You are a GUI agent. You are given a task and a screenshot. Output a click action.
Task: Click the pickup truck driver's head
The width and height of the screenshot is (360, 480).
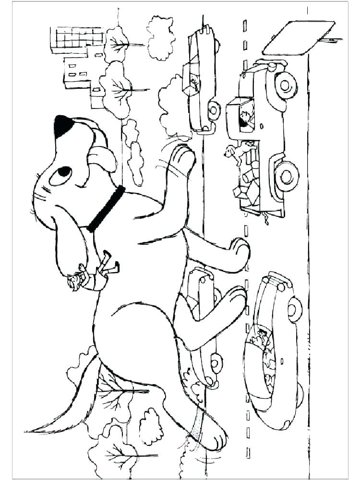246,118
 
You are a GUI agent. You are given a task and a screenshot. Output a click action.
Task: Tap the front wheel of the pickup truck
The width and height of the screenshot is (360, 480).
287,85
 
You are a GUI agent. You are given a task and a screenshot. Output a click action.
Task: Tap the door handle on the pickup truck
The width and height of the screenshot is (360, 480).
262,126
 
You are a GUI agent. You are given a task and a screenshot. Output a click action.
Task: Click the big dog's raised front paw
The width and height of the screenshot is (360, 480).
183,156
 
